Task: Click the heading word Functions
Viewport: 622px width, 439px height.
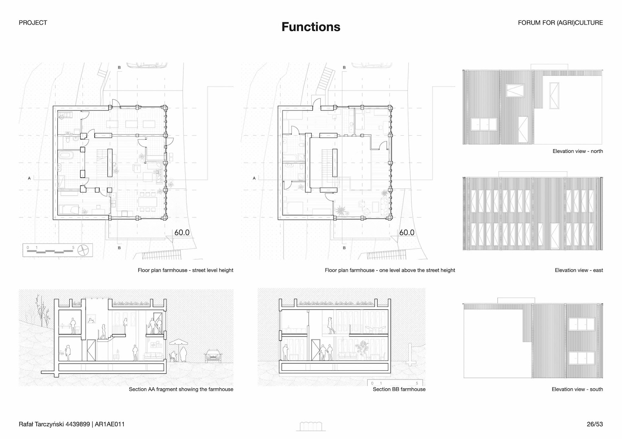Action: [x=311, y=27]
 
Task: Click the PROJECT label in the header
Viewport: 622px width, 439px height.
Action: [x=33, y=23]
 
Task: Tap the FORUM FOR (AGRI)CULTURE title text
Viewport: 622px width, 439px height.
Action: [x=560, y=23]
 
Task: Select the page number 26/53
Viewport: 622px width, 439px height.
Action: [x=595, y=424]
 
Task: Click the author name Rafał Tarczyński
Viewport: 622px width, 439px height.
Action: [x=41, y=424]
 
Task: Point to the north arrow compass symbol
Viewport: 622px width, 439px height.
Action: [x=84, y=250]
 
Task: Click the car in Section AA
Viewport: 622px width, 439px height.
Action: [x=213, y=356]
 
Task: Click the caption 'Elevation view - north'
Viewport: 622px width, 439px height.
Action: [x=578, y=151]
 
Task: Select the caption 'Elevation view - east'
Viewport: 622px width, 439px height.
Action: [x=579, y=270]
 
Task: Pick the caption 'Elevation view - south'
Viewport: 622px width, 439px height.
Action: [x=577, y=389]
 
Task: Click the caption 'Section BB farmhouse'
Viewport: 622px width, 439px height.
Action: [x=399, y=389]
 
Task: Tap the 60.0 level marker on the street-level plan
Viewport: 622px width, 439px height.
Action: [x=182, y=233]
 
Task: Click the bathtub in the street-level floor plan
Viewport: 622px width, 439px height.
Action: [x=66, y=156]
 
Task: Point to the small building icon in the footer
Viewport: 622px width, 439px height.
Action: [x=311, y=426]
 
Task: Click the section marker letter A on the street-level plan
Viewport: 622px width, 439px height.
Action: [x=29, y=178]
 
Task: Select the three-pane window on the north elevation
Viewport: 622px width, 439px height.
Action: [x=484, y=124]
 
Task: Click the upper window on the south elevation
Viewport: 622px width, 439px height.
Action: [x=582, y=324]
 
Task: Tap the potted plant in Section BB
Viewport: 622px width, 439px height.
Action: [x=362, y=350]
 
